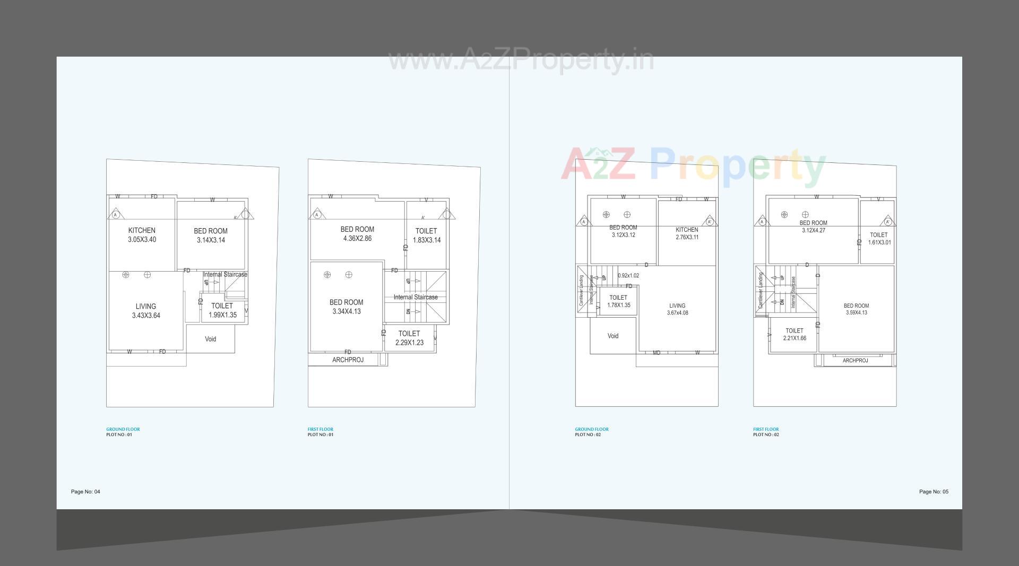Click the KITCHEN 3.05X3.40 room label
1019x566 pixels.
tap(142, 235)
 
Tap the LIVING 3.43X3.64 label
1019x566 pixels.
tap(146, 311)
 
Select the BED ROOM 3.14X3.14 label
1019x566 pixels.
tap(211, 236)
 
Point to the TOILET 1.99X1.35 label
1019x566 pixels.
tap(222, 310)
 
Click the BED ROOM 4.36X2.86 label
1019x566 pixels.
tap(357, 234)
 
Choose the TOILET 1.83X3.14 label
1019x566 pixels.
tap(426, 236)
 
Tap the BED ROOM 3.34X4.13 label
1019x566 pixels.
tap(346, 307)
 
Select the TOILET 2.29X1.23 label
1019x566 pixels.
tap(409, 338)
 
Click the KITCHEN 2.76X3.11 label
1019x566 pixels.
tap(687, 233)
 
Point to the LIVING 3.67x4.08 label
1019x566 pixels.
tap(677, 309)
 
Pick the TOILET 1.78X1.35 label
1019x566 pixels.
tap(618, 301)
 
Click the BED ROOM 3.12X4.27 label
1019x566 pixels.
tap(813, 227)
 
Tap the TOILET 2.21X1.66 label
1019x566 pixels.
tap(795, 334)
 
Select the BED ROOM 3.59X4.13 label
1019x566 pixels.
tap(856, 309)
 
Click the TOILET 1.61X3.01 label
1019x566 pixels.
tap(879, 239)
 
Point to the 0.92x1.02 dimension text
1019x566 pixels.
tap(628, 276)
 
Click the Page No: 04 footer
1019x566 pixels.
tap(85, 492)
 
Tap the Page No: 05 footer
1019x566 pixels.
tap(934, 492)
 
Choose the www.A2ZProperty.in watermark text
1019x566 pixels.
tap(521, 59)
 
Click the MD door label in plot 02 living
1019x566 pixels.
tap(657, 353)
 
